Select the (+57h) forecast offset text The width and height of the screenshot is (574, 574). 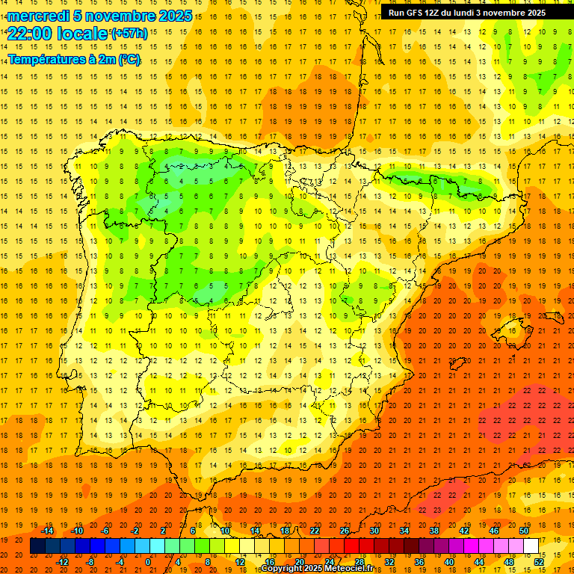129,34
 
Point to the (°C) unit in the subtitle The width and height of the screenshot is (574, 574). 129,59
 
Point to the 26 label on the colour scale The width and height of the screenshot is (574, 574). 345,531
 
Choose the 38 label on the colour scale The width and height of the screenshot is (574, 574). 433,531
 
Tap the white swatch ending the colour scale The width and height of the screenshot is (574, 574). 531,546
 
